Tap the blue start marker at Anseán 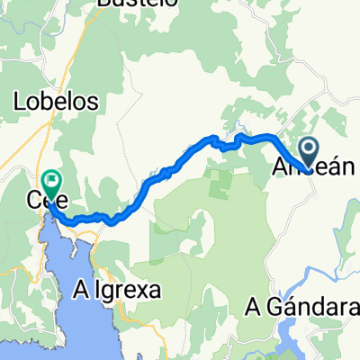click(308, 149)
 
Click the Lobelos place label click(56, 103)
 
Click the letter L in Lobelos click(20, 103)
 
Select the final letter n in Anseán click(337, 167)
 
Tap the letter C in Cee click(36, 202)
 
